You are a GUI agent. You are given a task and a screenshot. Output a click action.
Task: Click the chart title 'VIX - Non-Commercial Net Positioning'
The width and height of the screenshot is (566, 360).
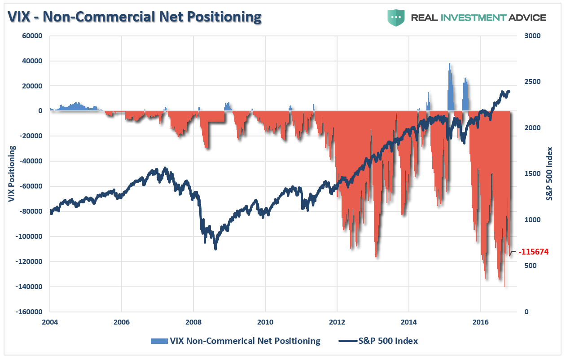pyautogui.click(x=134, y=17)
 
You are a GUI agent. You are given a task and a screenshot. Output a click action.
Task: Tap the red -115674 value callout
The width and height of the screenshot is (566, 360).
pyautogui.click(x=533, y=252)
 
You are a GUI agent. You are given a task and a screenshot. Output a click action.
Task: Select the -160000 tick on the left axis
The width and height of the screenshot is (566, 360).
pyautogui.click(x=30, y=312)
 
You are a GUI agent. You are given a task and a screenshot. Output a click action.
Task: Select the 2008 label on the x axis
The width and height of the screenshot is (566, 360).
pyautogui.click(x=193, y=322)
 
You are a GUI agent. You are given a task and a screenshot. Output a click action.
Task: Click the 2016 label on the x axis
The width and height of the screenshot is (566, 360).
pyautogui.click(x=480, y=322)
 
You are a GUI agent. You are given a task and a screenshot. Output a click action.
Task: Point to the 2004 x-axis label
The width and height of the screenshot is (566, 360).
pyautogui.click(x=49, y=322)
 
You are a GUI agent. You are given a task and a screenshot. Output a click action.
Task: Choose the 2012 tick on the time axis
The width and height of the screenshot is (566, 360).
pyautogui.click(x=337, y=322)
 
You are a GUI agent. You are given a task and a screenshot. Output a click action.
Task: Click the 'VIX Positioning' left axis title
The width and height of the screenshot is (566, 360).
pyautogui.click(x=12, y=174)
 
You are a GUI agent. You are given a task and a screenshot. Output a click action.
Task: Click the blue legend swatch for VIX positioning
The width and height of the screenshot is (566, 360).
pyautogui.click(x=159, y=341)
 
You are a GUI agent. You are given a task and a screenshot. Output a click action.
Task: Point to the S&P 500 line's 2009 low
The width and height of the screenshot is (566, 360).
pyautogui.click(x=215, y=248)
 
